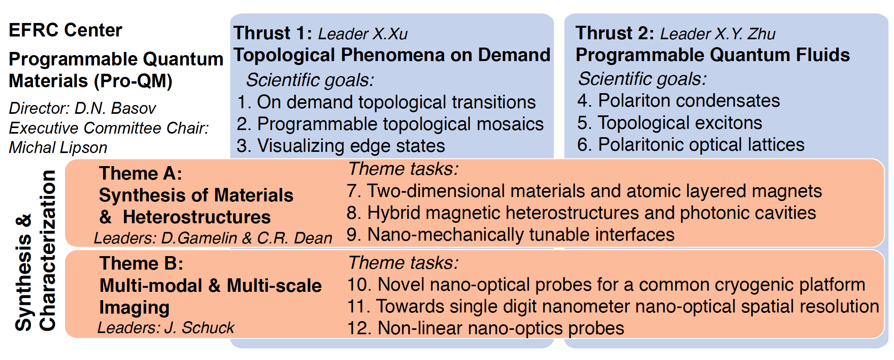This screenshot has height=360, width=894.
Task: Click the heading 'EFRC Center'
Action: (65, 30)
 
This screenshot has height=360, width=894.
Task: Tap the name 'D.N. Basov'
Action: (115, 108)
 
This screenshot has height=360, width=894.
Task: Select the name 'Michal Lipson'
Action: (58, 147)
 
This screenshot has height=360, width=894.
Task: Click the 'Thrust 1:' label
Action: (273, 33)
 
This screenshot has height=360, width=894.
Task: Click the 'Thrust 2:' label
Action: (615, 33)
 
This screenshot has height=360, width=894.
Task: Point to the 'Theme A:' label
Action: (141, 173)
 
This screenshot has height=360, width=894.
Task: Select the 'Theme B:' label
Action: (142, 263)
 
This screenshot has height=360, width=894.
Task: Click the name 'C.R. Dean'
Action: (295, 238)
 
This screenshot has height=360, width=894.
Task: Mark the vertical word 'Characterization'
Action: (48, 251)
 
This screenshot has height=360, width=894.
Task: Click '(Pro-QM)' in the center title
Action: (133, 81)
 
